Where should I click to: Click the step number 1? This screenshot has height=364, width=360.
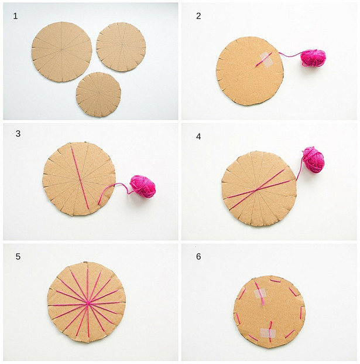pyautogui.click(x=15, y=16)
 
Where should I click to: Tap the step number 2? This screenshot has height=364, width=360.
pyautogui.click(x=198, y=16)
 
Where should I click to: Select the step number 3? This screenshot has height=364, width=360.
pyautogui.click(x=18, y=134)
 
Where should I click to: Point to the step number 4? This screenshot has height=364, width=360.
pyautogui.click(x=198, y=137)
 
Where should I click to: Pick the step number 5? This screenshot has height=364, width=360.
pyautogui.click(x=18, y=257)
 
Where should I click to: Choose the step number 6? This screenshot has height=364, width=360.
pyautogui.click(x=198, y=257)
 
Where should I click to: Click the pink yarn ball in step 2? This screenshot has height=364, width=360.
pyautogui.click(x=313, y=58)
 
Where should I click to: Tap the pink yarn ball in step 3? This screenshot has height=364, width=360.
pyautogui.click(x=143, y=186)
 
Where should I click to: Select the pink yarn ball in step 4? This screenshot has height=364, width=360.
pyautogui.click(x=313, y=159)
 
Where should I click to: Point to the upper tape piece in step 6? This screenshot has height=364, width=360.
pyautogui.click(x=260, y=294)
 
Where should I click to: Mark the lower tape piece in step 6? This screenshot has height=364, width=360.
pyautogui.click(x=268, y=333)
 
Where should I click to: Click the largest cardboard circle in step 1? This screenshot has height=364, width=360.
pyautogui.click(x=62, y=52)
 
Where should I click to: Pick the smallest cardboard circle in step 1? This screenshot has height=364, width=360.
pyautogui.click(x=98, y=94)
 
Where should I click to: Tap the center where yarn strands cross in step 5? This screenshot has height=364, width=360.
pyautogui.click(x=88, y=303)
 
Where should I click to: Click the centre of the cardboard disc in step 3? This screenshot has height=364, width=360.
pyautogui.click(x=79, y=179)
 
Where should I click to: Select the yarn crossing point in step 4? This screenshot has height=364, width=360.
pyautogui.click(x=256, y=190)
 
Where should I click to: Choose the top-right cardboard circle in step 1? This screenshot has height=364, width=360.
pyautogui.click(x=121, y=47)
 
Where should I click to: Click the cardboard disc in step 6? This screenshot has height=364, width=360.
pyautogui.click(x=269, y=312)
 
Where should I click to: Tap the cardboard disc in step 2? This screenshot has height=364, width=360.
pyautogui.click(x=250, y=71)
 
